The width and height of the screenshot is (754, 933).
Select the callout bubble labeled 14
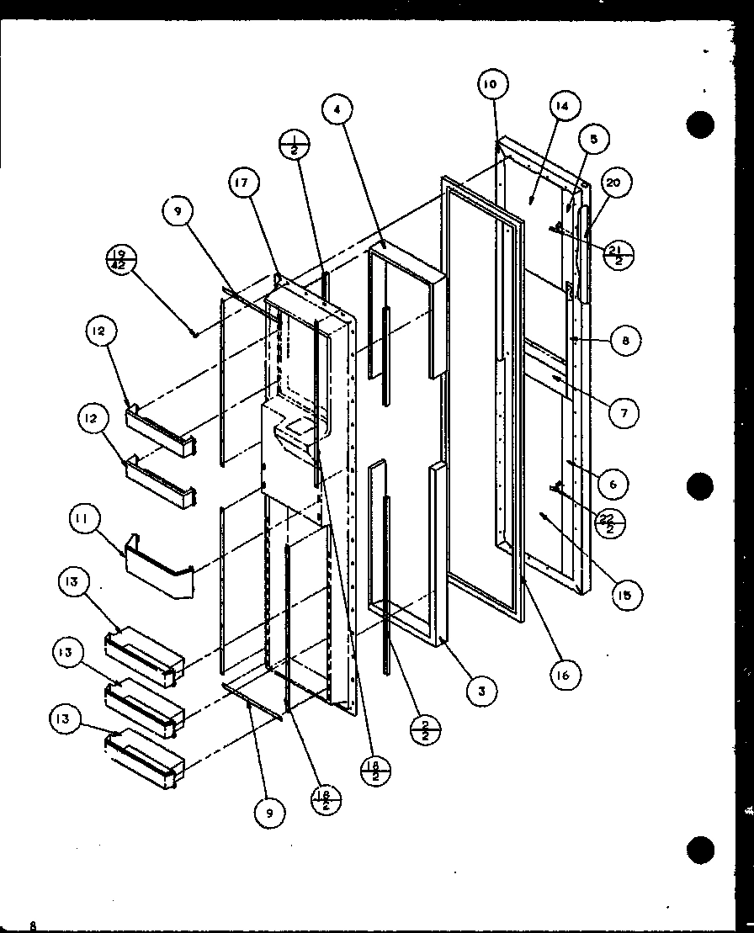coord(562,107)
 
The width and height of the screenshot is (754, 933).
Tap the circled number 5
coord(594,140)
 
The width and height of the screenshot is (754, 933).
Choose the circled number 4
coord(337,109)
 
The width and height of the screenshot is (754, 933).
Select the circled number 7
coord(624,412)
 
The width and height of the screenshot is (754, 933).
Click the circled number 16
coord(567,674)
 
